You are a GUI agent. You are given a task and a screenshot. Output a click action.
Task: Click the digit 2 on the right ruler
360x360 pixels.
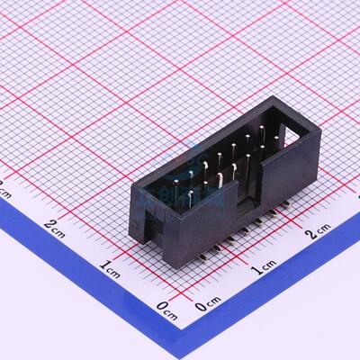[x=310, y=236]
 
